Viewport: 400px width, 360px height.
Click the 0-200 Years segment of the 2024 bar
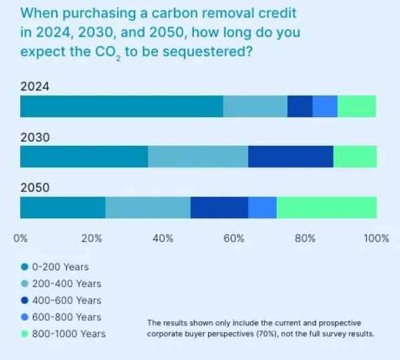[x=122, y=106]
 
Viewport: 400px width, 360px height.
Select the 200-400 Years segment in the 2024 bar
[x=256, y=106]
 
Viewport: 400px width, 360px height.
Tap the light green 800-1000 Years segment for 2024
[x=357, y=106]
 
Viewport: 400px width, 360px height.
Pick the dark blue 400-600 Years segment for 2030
[x=291, y=157]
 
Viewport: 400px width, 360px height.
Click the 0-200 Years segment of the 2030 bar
[x=84, y=157]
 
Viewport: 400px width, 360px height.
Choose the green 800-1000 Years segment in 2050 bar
[x=327, y=207]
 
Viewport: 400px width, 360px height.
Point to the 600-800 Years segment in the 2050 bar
[x=262, y=207]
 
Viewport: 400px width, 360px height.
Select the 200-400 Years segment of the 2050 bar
[x=148, y=207]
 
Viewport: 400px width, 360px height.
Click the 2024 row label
[x=35, y=86]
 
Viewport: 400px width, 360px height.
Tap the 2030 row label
[x=35, y=138]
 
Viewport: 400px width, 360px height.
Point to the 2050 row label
[x=35, y=188]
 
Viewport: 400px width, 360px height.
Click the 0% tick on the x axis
[x=21, y=238]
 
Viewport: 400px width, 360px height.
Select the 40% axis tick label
[x=163, y=238]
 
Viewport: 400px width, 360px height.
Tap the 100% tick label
[x=377, y=238]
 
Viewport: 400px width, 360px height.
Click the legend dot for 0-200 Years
[x=25, y=267]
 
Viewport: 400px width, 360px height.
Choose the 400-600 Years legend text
[x=67, y=300]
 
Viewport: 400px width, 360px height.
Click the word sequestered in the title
[x=207, y=52]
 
